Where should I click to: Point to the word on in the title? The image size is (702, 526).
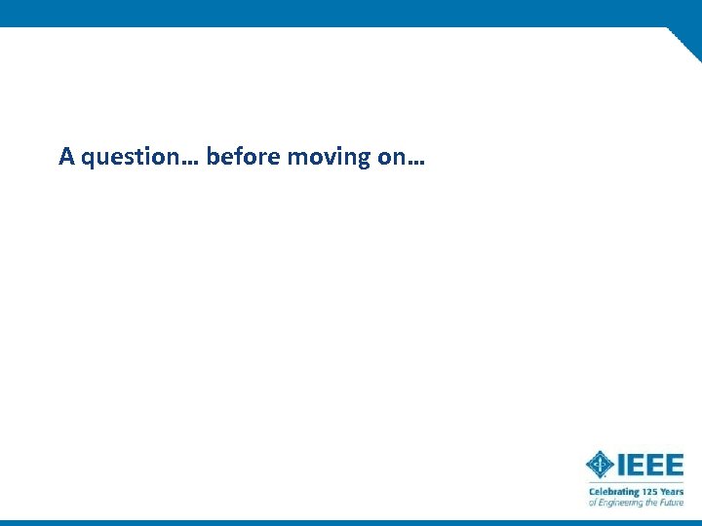pyautogui.click(x=389, y=157)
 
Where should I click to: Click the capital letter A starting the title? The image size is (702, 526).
pyautogui.click(x=66, y=156)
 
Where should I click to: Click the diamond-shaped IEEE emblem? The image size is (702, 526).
pyautogui.click(x=600, y=465)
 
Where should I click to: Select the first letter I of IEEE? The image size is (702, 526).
pyautogui.click(x=621, y=465)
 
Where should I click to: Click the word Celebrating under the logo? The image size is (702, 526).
pyautogui.click(x=613, y=492)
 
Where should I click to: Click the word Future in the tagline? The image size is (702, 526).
pyautogui.click(x=672, y=503)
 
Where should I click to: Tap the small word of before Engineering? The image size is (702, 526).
pyautogui.click(x=591, y=503)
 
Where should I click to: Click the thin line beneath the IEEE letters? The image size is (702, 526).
pyautogui.click(x=635, y=483)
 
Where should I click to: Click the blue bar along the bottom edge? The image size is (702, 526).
pyautogui.click(x=351, y=522)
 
